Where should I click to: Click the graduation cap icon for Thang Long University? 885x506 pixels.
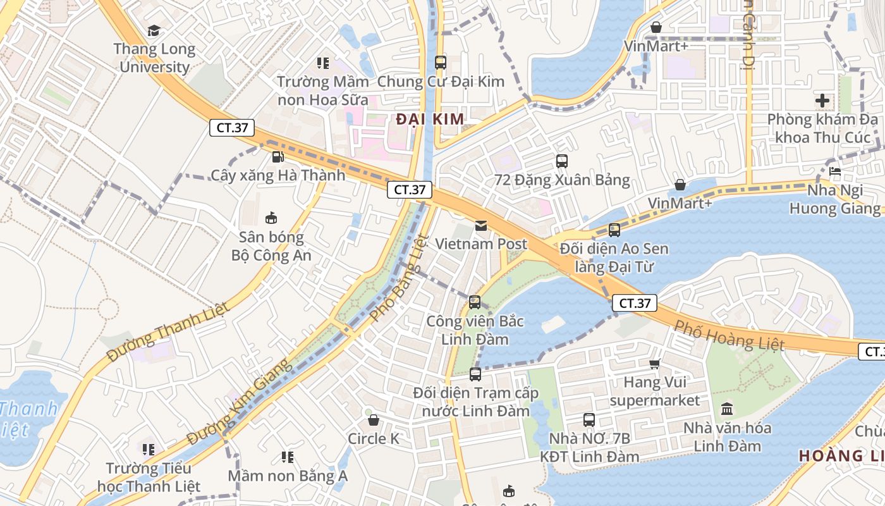point(154,30)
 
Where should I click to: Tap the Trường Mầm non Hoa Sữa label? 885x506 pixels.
point(323,90)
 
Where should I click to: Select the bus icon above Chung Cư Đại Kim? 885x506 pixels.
point(441,63)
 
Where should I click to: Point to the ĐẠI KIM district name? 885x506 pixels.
point(430,119)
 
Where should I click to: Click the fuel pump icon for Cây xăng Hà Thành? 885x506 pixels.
point(277,156)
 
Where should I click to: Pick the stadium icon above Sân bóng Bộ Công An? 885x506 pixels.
point(271,218)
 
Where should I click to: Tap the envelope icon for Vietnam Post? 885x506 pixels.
point(481,225)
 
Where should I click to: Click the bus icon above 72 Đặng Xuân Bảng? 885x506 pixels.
point(562,161)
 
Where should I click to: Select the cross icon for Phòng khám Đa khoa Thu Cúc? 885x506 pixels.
point(822,100)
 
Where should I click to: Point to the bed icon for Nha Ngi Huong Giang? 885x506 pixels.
point(834,171)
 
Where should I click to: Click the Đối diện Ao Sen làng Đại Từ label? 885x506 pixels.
point(614,257)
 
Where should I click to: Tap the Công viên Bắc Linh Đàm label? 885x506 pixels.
point(475,330)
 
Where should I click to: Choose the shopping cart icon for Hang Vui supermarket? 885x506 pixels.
point(654,364)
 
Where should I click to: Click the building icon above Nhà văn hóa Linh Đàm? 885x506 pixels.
point(727,409)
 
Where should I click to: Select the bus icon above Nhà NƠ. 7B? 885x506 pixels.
point(589,419)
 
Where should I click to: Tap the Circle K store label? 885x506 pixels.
point(374,438)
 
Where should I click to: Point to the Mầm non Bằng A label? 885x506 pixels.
point(288,475)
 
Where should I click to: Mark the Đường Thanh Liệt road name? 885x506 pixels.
point(167,331)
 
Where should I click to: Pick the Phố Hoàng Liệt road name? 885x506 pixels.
point(729,335)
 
